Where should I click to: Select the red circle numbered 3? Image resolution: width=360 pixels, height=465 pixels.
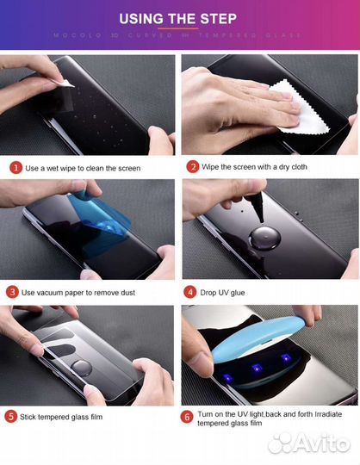coord(14,292)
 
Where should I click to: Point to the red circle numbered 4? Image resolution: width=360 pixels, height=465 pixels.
coord(191,292)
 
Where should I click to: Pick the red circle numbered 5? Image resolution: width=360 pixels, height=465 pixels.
coord(12,416)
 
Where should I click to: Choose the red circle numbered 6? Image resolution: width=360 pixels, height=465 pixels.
coord(187,416)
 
